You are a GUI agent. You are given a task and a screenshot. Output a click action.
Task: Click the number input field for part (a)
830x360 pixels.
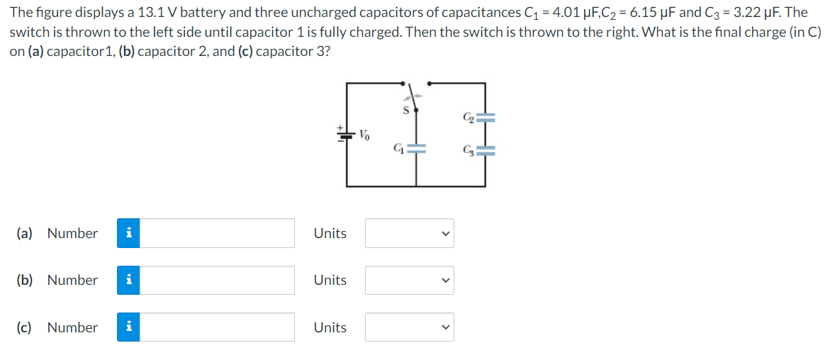(x=217, y=233)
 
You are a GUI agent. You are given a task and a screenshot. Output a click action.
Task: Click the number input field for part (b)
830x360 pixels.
(x=217, y=280)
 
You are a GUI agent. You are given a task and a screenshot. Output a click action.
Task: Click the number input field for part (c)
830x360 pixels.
(x=217, y=327)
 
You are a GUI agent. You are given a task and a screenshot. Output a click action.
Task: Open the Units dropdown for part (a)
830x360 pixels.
(x=409, y=233)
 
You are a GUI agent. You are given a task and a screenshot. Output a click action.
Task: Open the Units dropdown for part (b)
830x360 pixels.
(x=409, y=280)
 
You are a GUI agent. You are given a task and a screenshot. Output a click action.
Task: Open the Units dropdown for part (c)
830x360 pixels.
(x=409, y=327)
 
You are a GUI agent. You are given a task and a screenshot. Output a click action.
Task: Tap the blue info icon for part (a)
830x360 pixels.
(x=128, y=233)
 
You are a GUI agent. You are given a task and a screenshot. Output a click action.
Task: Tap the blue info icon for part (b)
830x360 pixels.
(x=128, y=280)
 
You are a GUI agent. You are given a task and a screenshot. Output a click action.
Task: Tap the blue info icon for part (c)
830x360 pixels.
(x=128, y=327)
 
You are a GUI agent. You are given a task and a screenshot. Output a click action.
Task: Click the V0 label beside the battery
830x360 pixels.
(x=364, y=134)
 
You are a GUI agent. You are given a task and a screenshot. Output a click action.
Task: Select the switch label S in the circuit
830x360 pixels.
(x=406, y=111)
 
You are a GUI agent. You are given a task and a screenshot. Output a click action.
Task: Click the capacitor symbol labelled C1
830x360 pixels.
(x=416, y=150)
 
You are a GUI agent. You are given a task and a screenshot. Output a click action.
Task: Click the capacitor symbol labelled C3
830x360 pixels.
(x=486, y=150)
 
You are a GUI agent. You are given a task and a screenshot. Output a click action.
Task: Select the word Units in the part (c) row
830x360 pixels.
(x=330, y=327)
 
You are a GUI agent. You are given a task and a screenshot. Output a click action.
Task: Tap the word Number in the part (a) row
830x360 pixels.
(x=72, y=233)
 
